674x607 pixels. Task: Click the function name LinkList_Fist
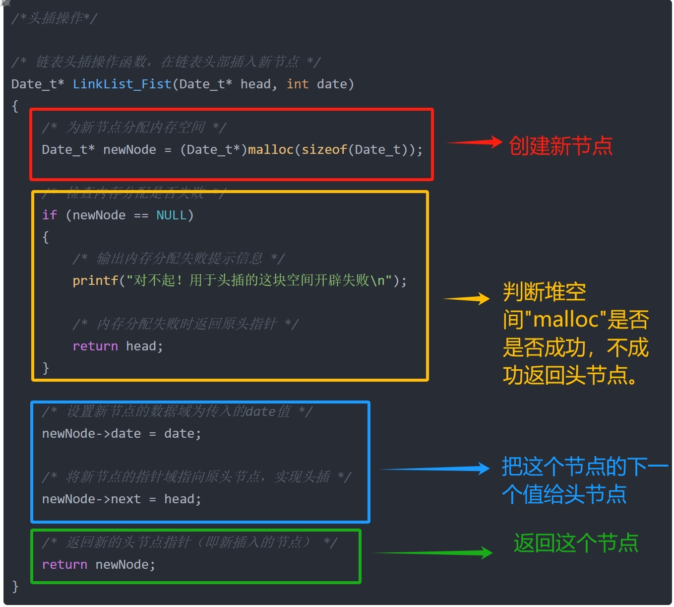click(122, 84)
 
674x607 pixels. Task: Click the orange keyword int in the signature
click(298, 84)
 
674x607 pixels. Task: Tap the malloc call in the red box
click(271, 149)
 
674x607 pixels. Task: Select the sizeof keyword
click(324, 149)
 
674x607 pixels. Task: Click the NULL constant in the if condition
click(172, 215)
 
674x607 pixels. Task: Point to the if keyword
click(50, 215)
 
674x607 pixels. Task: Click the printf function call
click(95, 280)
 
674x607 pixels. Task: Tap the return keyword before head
click(95, 346)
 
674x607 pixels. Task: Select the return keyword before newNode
click(64, 564)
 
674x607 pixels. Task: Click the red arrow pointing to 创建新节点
click(475, 142)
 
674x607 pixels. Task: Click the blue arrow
click(434, 469)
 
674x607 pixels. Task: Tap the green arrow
click(432, 552)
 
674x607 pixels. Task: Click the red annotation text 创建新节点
click(560, 146)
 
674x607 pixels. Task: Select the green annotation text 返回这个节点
click(576, 543)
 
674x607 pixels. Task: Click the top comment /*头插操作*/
click(55, 18)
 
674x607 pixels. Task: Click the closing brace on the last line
click(15, 586)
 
